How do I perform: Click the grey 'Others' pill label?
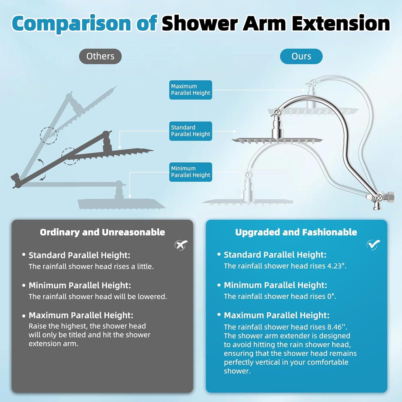pyautogui.click(x=100, y=56)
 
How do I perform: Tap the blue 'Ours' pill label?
pyautogui.click(x=301, y=56)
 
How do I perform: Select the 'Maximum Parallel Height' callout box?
pyautogui.click(x=191, y=90)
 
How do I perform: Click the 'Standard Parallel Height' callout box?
pyautogui.click(x=191, y=131)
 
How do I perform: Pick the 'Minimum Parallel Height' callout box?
pyautogui.click(x=191, y=172)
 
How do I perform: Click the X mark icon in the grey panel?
pyautogui.click(x=181, y=245)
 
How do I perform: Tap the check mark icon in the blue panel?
pyautogui.click(x=373, y=244)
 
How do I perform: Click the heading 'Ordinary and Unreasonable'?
pyautogui.click(x=102, y=232)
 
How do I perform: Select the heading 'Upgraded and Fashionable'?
pyautogui.click(x=296, y=232)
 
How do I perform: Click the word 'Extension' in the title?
pyautogui.click(x=341, y=23)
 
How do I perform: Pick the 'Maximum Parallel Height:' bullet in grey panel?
pyautogui.click(x=81, y=315)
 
